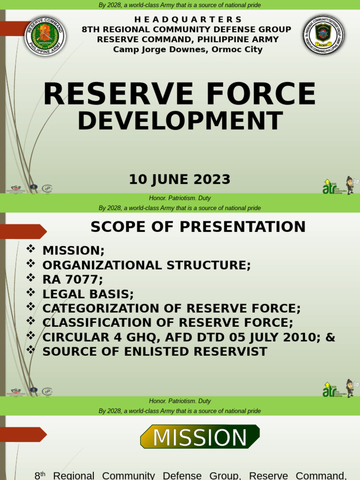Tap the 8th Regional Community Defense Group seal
(x=323, y=35)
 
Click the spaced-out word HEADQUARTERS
(x=188, y=19)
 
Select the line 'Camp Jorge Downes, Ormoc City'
(x=188, y=50)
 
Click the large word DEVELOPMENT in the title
(x=180, y=120)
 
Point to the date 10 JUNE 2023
(x=180, y=180)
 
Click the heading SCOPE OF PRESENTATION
(x=198, y=227)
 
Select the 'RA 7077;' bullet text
(x=72, y=280)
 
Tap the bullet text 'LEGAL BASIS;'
(x=88, y=294)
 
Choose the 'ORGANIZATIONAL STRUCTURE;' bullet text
(x=147, y=265)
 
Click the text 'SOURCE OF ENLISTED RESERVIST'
(x=155, y=352)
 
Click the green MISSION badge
(x=200, y=437)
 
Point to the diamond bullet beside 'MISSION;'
(x=31, y=249)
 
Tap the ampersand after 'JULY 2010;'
(x=330, y=337)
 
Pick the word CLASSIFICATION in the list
(x=103, y=323)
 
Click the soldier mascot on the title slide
(x=350, y=185)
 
